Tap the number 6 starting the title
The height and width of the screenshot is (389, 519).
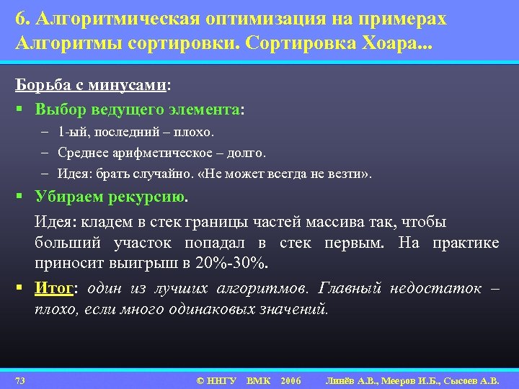tap(19, 19)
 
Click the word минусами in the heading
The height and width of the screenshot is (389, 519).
tap(130, 84)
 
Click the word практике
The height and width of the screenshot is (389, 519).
tap(465, 243)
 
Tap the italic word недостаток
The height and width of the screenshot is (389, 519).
tap(435, 288)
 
